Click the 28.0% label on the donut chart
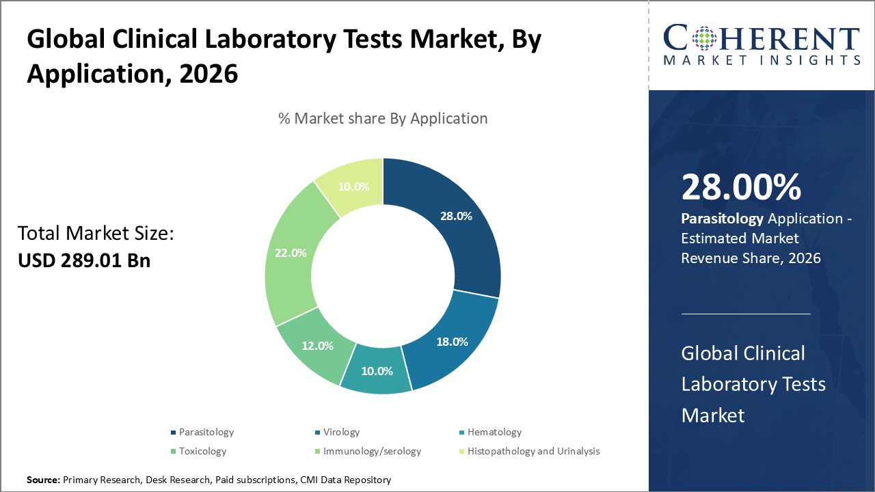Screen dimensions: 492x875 [x=455, y=216]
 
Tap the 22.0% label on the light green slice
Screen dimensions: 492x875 [x=291, y=252]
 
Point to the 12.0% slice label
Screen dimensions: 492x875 [x=317, y=346]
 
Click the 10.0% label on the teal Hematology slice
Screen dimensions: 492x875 [x=376, y=371]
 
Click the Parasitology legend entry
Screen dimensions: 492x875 [x=206, y=432]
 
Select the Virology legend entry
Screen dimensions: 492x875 [x=341, y=432]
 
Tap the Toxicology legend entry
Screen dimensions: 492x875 [x=202, y=451]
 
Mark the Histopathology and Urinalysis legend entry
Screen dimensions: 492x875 [x=533, y=451]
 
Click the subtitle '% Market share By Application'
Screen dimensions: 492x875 [x=383, y=118]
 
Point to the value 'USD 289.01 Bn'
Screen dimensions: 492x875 [x=84, y=260]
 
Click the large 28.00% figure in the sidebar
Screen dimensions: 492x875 [x=741, y=188]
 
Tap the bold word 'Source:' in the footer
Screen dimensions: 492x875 [x=43, y=480]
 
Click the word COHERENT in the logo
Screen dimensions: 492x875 [x=762, y=38]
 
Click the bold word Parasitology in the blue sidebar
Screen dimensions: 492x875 [x=723, y=219]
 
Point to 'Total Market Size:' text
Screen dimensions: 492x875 [x=96, y=234]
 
